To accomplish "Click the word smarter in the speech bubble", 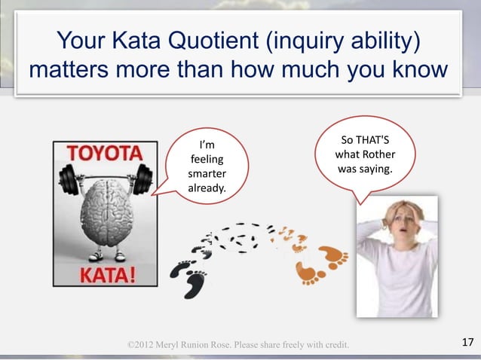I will pos(206,173).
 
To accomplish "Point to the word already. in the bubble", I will pos(206,188).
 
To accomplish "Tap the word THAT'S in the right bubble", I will pos(375,142).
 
